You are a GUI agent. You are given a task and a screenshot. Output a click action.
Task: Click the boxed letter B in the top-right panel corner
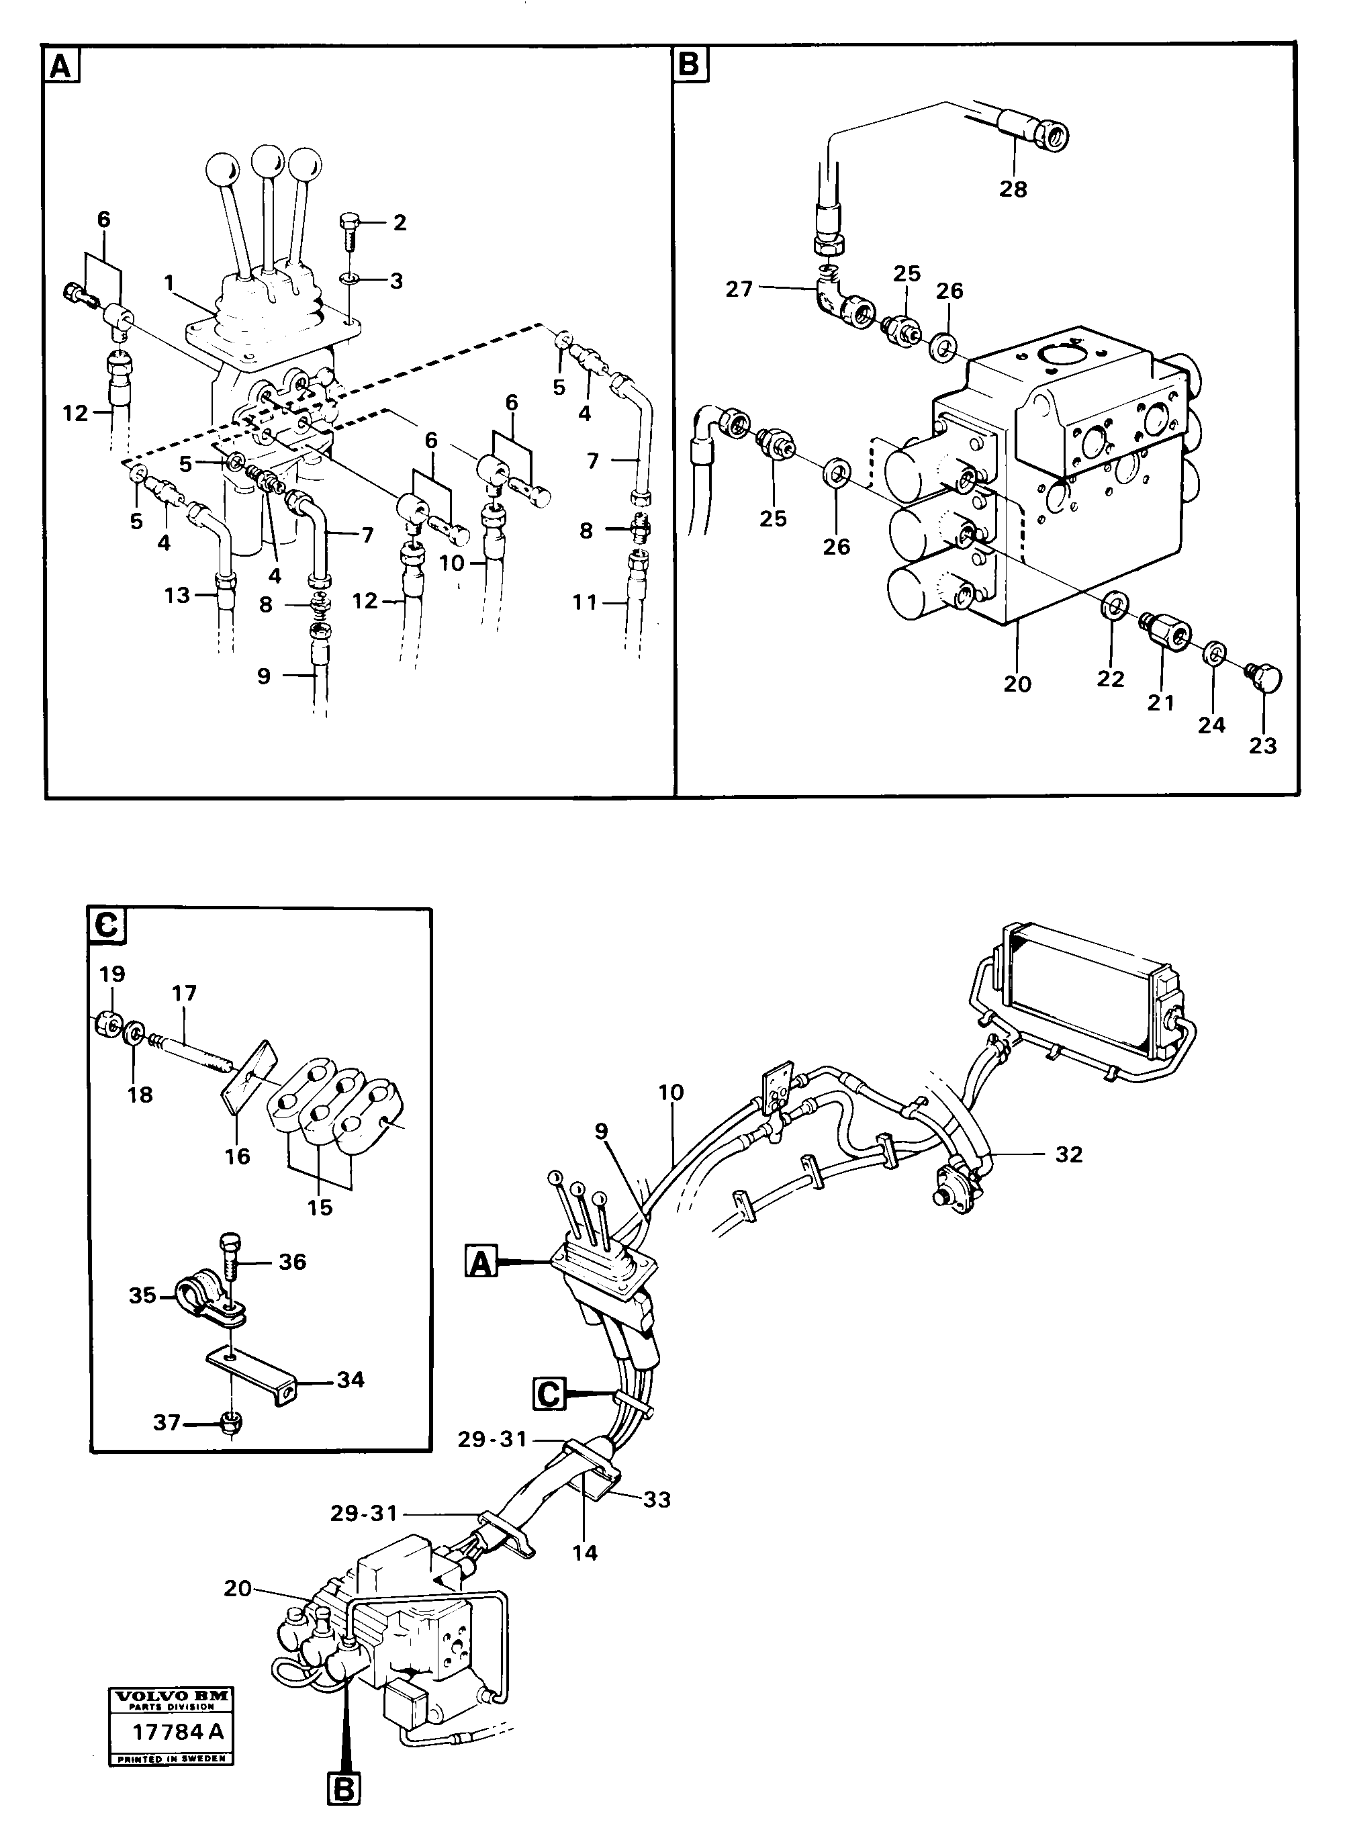click(690, 64)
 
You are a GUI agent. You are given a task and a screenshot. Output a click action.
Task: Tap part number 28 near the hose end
click(1013, 189)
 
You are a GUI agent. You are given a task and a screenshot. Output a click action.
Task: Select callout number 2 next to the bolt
click(400, 222)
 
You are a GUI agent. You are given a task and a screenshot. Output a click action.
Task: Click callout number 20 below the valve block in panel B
click(1017, 684)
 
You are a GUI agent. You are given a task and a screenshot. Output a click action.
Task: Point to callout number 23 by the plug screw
click(1262, 745)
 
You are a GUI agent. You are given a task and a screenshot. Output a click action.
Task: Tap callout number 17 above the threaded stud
click(184, 993)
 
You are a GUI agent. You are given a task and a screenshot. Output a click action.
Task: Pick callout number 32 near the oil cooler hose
click(1068, 1154)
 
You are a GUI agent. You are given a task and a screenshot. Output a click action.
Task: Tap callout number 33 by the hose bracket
click(657, 1499)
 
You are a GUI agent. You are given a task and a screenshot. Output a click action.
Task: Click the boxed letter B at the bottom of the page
click(344, 1807)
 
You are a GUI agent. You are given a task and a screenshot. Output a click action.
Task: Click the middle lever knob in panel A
click(267, 157)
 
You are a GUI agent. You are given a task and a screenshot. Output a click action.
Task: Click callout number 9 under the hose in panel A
click(263, 676)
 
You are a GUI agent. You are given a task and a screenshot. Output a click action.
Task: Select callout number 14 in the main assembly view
click(585, 1553)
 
